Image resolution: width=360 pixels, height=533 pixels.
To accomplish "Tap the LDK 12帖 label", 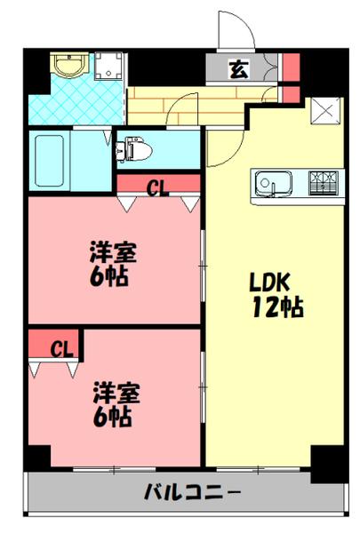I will [x=276, y=295].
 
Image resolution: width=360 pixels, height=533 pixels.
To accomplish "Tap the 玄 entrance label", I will [x=240, y=68].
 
